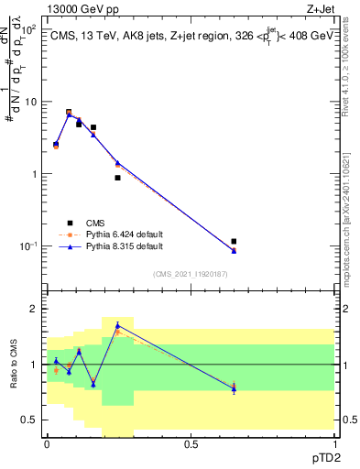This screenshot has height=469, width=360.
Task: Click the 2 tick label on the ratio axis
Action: click(33, 310)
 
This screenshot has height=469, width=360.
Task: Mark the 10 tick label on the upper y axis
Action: click(28, 102)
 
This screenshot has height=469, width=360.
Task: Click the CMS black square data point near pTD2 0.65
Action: click(234, 242)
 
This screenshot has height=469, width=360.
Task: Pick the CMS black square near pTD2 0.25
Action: click(118, 178)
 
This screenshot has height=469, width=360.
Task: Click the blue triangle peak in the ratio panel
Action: click(117, 325)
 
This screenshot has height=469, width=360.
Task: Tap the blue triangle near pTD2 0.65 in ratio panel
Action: click(234, 389)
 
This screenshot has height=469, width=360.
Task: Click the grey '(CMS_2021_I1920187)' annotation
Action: click(190, 273)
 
